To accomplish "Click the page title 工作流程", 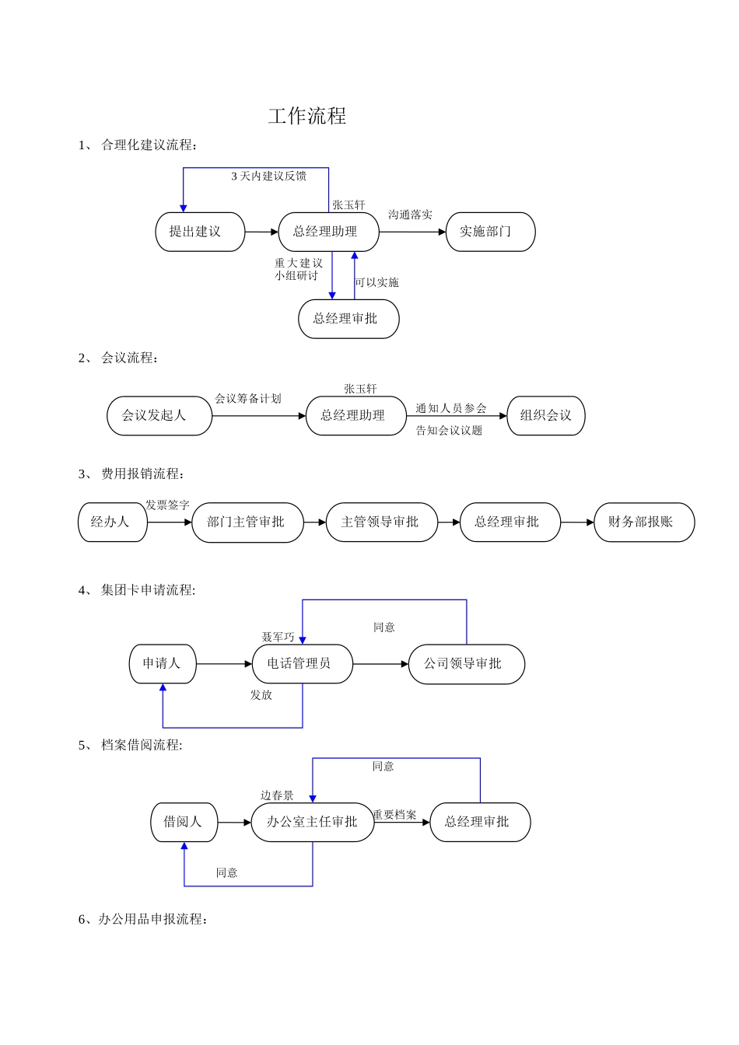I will (307, 117).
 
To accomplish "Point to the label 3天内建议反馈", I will (268, 176).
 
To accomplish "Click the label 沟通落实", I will (410, 215).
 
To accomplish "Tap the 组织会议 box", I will (545, 415).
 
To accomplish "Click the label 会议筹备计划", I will (247, 399).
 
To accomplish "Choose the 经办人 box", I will (112, 522).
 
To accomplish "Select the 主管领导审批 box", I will (381, 522).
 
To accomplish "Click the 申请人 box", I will (162, 663).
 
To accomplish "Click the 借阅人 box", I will (184, 822).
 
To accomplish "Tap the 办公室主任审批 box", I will (312, 822).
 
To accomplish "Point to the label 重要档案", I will (394, 815).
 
